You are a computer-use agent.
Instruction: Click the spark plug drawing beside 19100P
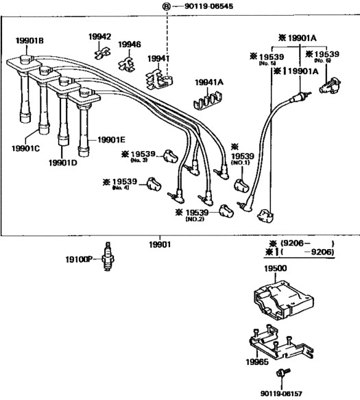point(108,256)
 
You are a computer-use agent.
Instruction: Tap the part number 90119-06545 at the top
point(208,6)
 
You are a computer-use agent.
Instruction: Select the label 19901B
point(29,40)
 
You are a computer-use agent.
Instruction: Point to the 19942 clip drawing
point(102,53)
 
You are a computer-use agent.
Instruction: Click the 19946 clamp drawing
point(127,64)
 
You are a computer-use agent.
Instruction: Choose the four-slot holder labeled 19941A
point(207,100)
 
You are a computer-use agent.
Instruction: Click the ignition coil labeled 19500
point(283,299)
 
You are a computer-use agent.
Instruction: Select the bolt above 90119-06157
point(283,373)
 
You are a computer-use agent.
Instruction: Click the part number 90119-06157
point(281,394)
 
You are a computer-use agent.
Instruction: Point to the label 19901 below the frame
point(160,245)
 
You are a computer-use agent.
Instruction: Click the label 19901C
point(26,148)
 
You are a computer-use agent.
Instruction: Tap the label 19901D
point(62,163)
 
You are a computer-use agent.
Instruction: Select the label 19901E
point(111,140)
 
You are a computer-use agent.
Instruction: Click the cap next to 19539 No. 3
point(171,156)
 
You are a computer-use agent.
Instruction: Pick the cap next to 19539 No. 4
point(154,184)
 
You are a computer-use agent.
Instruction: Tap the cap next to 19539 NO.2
point(226,211)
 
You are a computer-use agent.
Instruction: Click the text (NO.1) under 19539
point(240,163)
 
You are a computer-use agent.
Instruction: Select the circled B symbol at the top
point(166,6)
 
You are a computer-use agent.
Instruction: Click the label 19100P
point(79,260)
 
